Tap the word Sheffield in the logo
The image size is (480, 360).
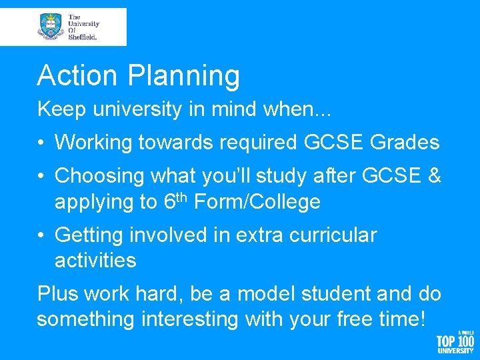click(82, 37)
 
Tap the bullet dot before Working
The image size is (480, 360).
click(42, 142)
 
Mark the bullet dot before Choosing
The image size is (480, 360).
click(42, 175)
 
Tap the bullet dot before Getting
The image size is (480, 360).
click(42, 235)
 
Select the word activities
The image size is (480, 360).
click(95, 260)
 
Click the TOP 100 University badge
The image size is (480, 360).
click(455, 343)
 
